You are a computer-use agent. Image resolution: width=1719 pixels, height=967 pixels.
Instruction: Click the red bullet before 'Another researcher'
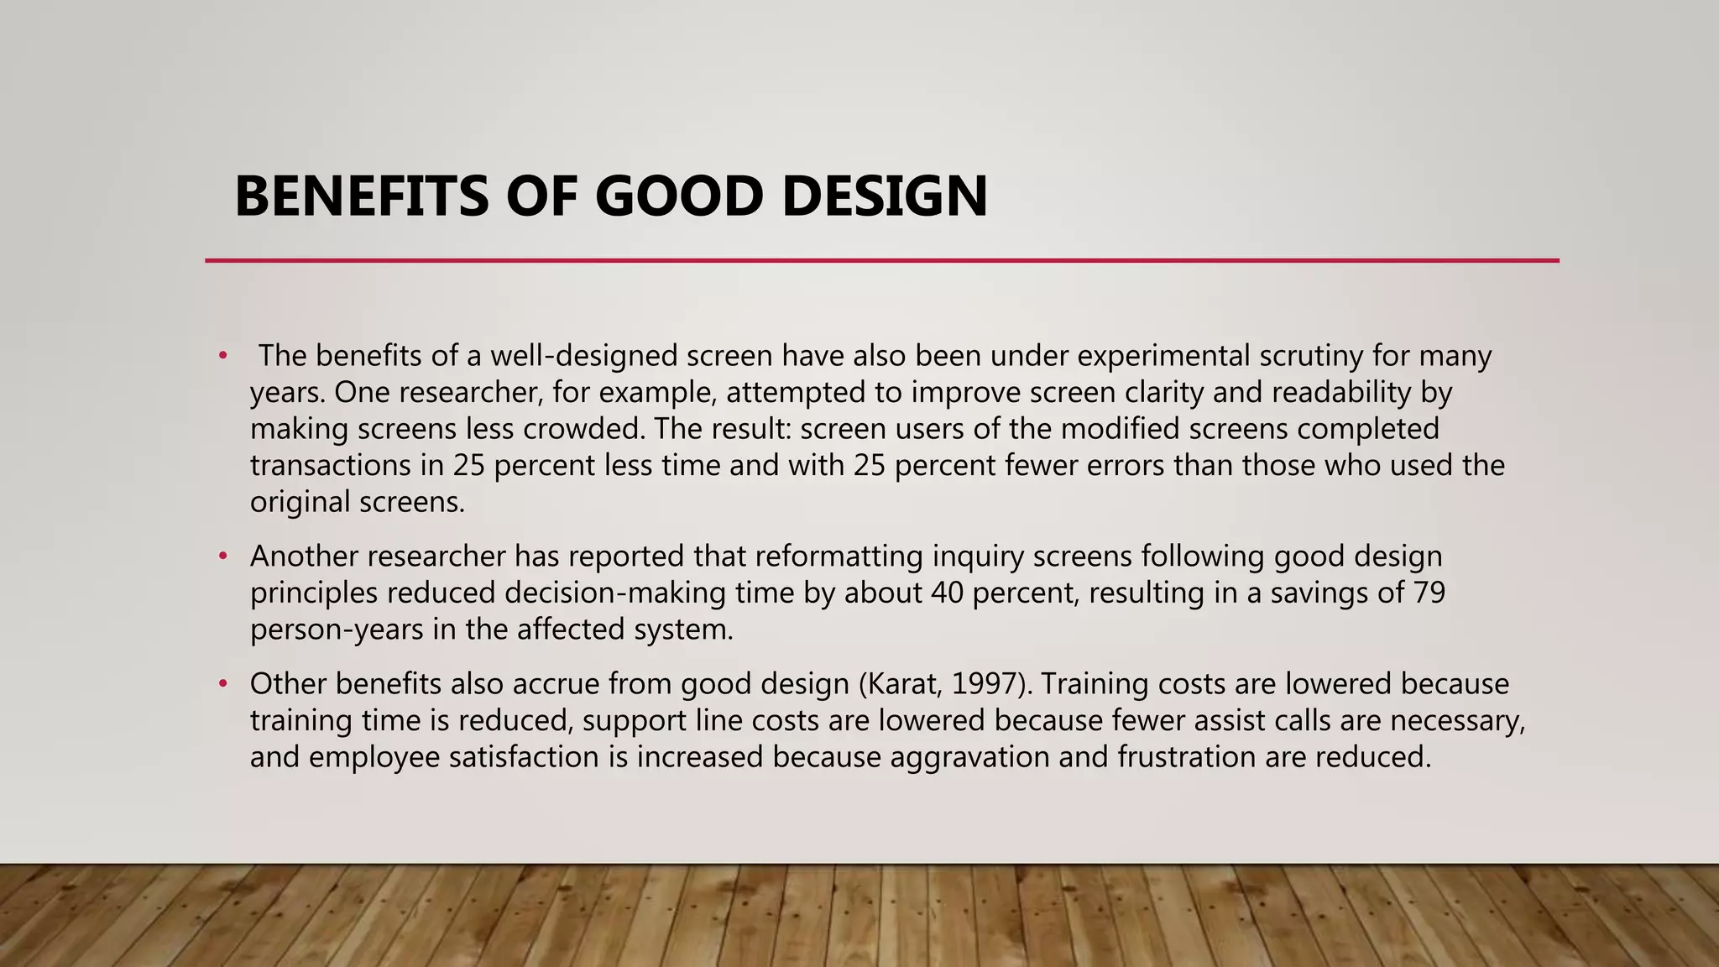coord(222,557)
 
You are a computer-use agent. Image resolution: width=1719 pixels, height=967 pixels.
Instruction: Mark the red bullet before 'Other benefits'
coord(222,684)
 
